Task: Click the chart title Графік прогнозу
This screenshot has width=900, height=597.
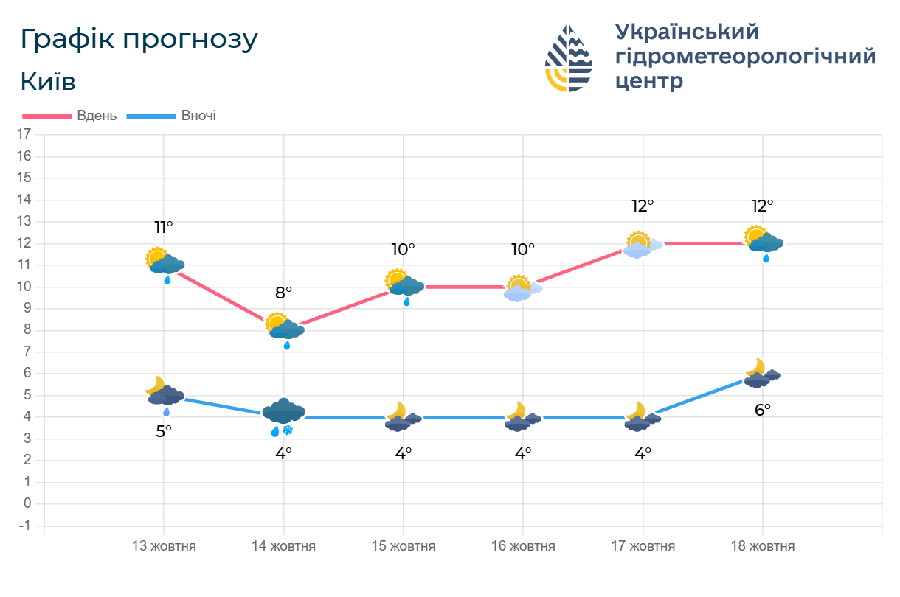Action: coord(139,40)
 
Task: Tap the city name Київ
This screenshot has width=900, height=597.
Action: coord(48,82)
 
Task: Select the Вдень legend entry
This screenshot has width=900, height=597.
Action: coord(70,116)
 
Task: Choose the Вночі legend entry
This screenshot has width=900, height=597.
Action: coord(172,116)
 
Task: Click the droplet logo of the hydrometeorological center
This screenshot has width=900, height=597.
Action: coord(569,58)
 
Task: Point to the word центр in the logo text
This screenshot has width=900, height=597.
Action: coord(648,80)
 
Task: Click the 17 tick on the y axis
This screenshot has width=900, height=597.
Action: coord(24,134)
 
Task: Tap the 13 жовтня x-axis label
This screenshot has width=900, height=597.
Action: coord(164,546)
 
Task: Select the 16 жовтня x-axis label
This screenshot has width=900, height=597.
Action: coord(523,546)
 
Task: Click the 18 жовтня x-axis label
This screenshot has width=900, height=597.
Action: coord(762,546)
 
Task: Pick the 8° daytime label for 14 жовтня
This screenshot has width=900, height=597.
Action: coord(283,293)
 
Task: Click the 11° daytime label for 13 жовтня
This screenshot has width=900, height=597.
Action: coord(164,227)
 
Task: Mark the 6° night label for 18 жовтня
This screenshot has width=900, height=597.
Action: coord(762,410)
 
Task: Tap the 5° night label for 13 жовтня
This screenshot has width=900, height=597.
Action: coord(164,431)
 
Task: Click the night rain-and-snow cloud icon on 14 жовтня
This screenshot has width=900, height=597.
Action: coord(283,416)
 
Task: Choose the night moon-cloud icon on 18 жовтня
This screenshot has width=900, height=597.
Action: coord(762,374)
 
